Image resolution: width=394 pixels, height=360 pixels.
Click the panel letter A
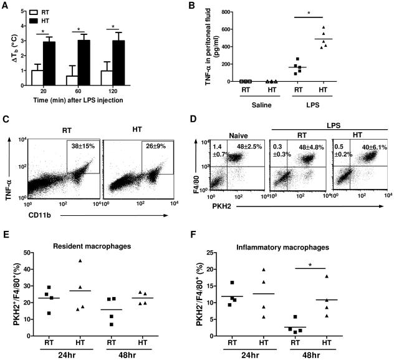[x=5, y=6]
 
